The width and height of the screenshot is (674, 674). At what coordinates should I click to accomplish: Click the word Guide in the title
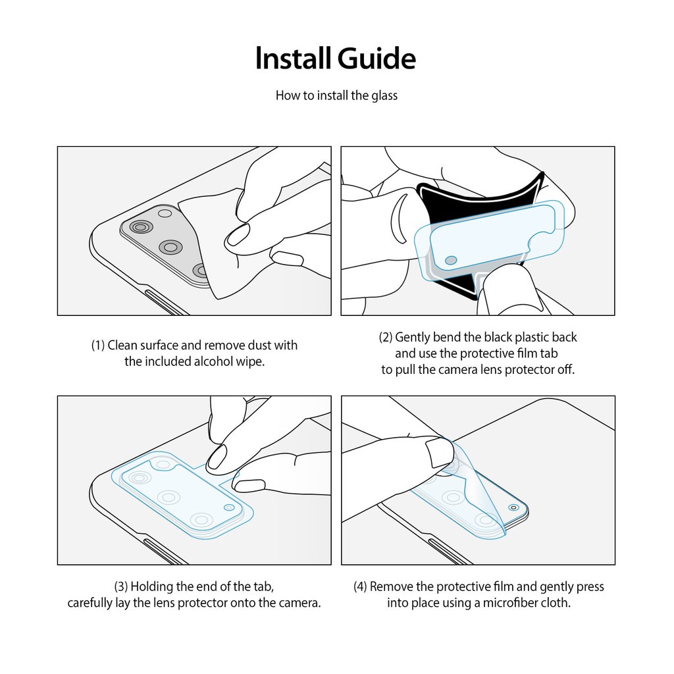[376, 59]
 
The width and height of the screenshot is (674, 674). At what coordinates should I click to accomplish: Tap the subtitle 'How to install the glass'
[336, 95]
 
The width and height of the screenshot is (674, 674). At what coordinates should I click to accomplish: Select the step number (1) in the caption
[98, 345]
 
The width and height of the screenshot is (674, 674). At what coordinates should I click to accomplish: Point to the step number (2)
[386, 338]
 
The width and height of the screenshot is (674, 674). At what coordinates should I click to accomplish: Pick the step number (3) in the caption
[121, 586]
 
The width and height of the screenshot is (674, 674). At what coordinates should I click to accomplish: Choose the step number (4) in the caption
[360, 586]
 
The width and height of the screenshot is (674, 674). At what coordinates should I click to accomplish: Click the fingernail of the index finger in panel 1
[237, 235]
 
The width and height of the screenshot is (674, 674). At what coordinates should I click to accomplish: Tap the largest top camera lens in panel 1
[141, 227]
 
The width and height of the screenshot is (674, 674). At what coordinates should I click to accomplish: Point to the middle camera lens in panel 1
[170, 247]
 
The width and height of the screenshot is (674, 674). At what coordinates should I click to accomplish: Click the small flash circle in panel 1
[165, 213]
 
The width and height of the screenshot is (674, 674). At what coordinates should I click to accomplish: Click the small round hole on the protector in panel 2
[451, 261]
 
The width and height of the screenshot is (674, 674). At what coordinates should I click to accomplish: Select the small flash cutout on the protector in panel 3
[229, 507]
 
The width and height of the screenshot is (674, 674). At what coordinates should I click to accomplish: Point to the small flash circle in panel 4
[513, 507]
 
